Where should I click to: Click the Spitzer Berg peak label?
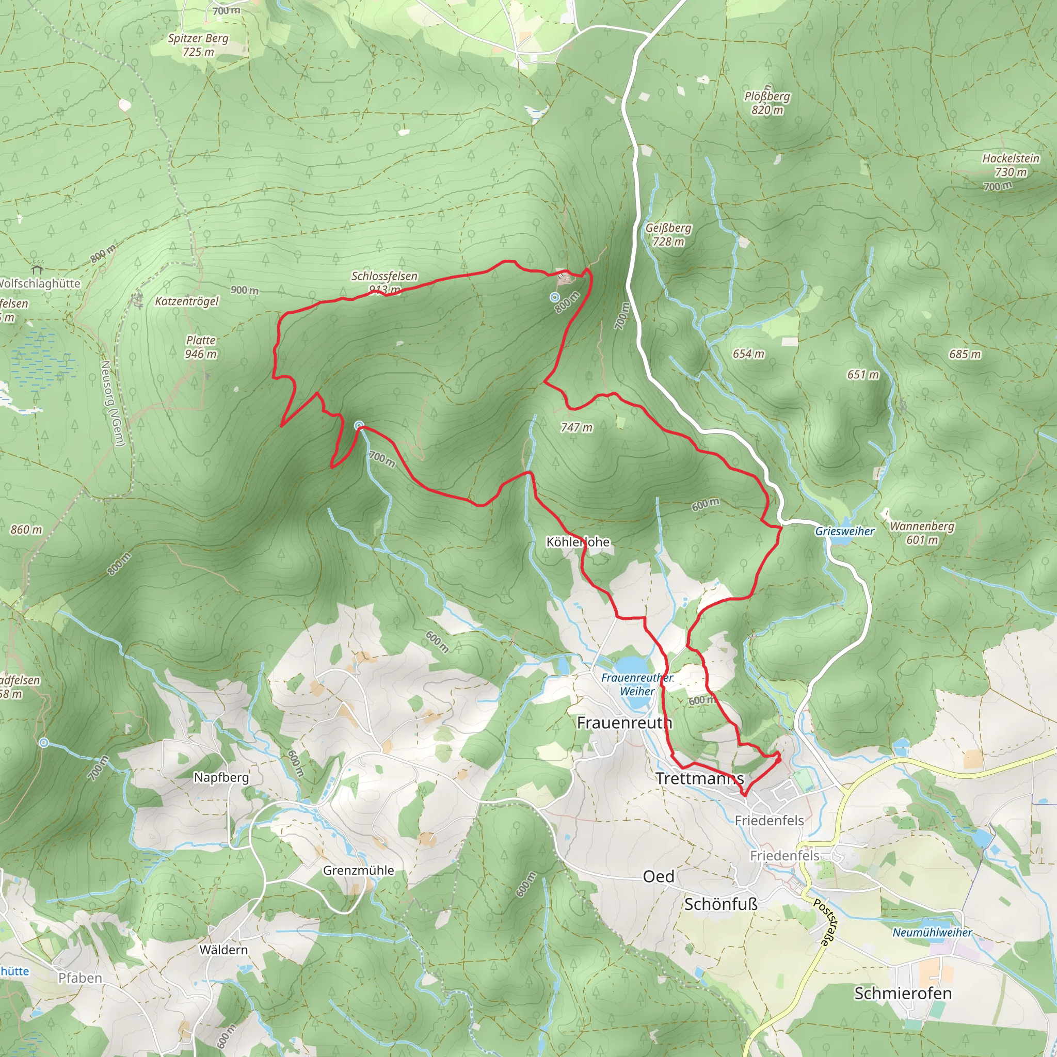pyautogui.click(x=198, y=45)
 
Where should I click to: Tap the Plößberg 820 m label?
pyautogui.click(x=767, y=103)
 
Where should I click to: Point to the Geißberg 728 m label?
pyautogui.click(x=668, y=234)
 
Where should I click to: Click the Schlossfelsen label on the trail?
pyautogui.click(x=384, y=276)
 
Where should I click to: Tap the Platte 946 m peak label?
pyautogui.click(x=201, y=347)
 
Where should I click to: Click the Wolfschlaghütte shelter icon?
pyautogui.click(x=37, y=270)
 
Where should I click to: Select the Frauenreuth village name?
pyautogui.click(x=624, y=723)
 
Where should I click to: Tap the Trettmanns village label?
pyautogui.click(x=700, y=778)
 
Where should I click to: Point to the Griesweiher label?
pyautogui.click(x=845, y=531)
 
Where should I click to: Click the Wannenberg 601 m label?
pyautogui.click(x=922, y=532)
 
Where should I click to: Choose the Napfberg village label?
pyautogui.click(x=221, y=777)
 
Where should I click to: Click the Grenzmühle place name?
pyautogui.click(x=358, y=871)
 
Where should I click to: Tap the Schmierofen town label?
pyautogui.click(x=903, y=993)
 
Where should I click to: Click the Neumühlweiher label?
pyautogui.click(x=932, y=932)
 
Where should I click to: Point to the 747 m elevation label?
pyautogui.click(x=576, y=427)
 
